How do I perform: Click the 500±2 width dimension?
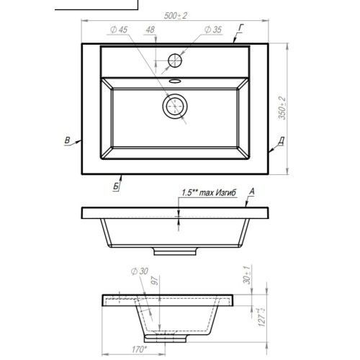pyautogui.click(x=176, y=16)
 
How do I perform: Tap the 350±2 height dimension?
pyautogui.click(x=282, y=108)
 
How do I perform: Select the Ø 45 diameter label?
pyautogui.click(x=119, y=30)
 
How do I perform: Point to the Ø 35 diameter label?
pyautogui.click(x=213, y=30)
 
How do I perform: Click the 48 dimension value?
pyautogui.click(x=150, y=30)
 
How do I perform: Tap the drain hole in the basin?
pyautogui.click(x=175, y=106)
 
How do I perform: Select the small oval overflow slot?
pyautogui.click(x=175, y=81)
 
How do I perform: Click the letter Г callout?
pyautogui.click(x=241, y=28)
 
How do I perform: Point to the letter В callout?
pyautogui.click(x=68, y=140)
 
